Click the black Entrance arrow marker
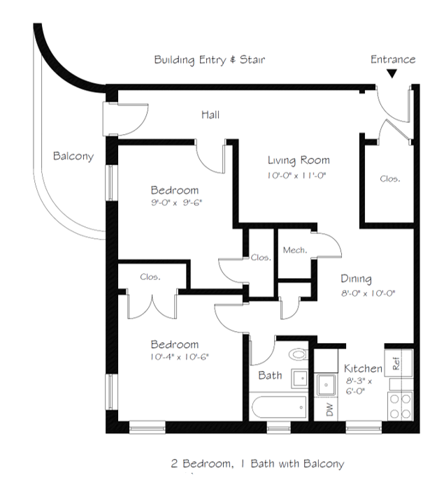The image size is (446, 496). pos(392,74)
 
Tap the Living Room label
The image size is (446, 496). pos(298,161)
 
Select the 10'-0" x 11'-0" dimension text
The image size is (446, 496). pos(296,175)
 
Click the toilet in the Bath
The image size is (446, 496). pos(298,353)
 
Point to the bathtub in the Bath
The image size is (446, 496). pos(279,407)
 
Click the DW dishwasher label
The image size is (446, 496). pos(329,409)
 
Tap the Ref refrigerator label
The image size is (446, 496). pos(396,363)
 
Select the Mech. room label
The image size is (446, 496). pos(295,250)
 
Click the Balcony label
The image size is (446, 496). pos(73,156)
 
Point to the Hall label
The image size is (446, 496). pos(210,115)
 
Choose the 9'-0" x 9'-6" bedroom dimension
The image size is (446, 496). pos(176,203)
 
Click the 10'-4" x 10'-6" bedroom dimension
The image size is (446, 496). pos(180,357)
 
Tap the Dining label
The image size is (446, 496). pos(356,279)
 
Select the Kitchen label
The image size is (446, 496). pos(363,368)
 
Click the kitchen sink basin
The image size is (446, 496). pos(326,385)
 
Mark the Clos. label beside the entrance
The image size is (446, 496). pos(390,179)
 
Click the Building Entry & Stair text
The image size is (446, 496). pos(210,60)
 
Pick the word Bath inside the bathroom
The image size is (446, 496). pos(270,375)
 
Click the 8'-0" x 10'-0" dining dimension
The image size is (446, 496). pos(368,293)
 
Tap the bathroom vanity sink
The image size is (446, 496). pos(299,378)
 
